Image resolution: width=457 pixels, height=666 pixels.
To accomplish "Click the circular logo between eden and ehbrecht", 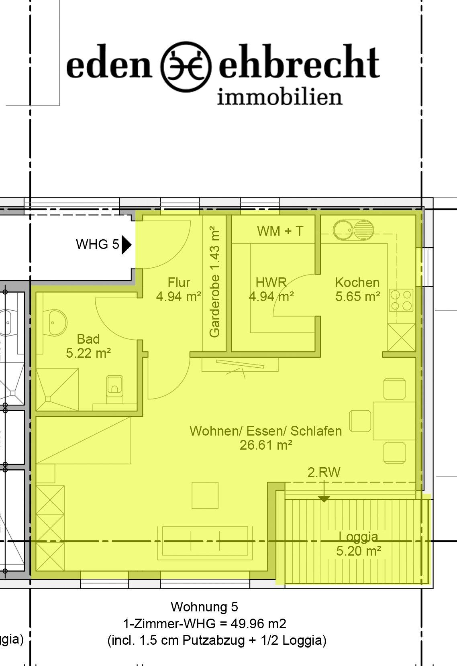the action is pos(186,67).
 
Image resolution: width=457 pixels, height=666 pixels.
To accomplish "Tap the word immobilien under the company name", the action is pos(280,97).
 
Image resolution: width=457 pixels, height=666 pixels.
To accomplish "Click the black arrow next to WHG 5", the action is pos(126,245).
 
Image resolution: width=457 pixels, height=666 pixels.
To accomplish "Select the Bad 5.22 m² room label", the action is pos(88,346).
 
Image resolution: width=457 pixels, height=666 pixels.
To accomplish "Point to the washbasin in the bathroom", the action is pos(55,323).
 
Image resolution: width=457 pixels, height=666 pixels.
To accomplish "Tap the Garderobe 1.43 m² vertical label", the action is pos(214,281).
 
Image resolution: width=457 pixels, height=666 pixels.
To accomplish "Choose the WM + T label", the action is pos(280,231).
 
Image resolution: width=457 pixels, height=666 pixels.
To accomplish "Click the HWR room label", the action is pos(271,289).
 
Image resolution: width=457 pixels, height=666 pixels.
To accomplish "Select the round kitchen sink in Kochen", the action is pos(353,230).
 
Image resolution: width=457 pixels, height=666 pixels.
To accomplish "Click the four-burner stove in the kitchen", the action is pos(401,300).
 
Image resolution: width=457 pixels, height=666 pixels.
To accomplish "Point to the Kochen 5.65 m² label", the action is pos(358,289).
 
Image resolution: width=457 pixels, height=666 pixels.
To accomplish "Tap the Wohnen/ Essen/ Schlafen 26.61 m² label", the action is pos(266,438).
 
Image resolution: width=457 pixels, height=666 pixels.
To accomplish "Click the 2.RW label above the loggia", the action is pos(324,472).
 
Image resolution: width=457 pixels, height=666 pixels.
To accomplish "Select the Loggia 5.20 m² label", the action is pos(359,544).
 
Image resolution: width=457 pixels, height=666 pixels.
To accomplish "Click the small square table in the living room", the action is pos(205,495).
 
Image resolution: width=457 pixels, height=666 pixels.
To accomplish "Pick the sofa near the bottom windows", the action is pos(205,542).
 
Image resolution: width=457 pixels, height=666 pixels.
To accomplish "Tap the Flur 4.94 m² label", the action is pos(179,289).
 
